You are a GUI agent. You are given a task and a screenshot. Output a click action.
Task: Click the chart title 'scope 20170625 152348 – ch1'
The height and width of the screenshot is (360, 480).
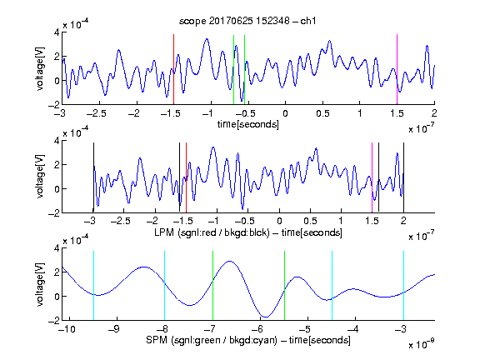point(247,21)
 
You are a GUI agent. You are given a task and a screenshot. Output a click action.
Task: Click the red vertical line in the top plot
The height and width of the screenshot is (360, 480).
point(174,69)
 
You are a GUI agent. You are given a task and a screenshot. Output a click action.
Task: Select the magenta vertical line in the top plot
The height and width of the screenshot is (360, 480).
point(397,69)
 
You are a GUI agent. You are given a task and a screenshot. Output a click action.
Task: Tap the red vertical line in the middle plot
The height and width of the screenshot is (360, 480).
point(186,177)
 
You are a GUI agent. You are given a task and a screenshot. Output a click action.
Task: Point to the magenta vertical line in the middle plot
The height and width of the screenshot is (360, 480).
point(372,177)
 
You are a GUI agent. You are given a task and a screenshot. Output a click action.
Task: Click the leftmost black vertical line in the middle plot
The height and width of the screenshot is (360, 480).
point(93,177)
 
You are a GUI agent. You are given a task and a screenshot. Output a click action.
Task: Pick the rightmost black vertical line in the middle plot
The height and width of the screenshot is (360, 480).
point(403,177)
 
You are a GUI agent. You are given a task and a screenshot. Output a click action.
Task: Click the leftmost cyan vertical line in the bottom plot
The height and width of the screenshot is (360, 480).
point(93,286)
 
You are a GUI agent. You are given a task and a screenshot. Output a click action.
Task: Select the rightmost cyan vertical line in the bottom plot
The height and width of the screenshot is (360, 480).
point(403,286)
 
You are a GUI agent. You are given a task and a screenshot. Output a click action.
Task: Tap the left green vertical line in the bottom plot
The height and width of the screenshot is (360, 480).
point(212,286)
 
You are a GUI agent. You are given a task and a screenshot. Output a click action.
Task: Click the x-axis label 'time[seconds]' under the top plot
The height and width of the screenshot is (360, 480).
point(248,124)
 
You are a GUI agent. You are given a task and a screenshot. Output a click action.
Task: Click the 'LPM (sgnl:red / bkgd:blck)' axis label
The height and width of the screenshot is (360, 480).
point(212,232)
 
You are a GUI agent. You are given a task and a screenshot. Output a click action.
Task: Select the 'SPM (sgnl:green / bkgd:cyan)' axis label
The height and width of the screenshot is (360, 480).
point(212,340)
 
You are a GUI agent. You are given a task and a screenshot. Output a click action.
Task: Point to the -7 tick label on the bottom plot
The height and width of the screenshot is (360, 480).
point(210,329)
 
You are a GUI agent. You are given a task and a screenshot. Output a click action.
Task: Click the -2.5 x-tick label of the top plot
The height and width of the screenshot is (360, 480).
point(96,113)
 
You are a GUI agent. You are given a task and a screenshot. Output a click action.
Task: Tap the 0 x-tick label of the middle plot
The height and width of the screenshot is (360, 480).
point(279,221)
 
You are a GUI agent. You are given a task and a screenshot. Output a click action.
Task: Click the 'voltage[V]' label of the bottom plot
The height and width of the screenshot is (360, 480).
point(40,284)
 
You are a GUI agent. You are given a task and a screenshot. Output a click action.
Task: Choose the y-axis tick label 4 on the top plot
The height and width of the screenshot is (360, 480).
point(57,32)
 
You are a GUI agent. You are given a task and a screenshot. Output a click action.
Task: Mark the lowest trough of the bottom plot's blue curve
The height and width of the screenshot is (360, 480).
point(266,317)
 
